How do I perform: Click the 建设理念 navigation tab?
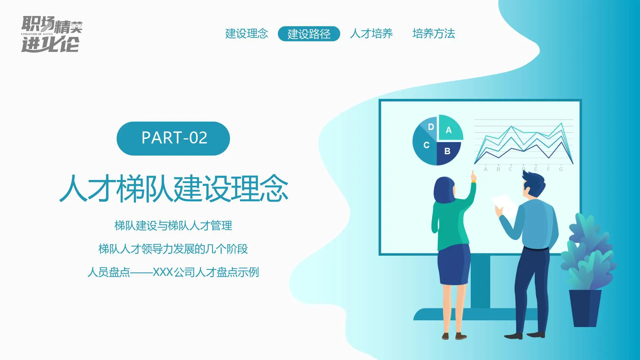[246, 34]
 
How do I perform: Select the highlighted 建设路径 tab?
[309, 34]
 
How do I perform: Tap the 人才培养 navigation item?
[371, 34]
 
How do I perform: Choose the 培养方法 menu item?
[433, 34]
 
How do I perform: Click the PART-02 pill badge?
[173, 138]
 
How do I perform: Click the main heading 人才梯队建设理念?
[174, 189]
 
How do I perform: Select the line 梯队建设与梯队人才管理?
[173, 226]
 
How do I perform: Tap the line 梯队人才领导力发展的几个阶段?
[173, 249]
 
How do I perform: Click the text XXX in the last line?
[163, 272]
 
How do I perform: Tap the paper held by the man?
[504, 203]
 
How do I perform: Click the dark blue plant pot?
[585, 307]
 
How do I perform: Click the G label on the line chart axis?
[561, 169]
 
